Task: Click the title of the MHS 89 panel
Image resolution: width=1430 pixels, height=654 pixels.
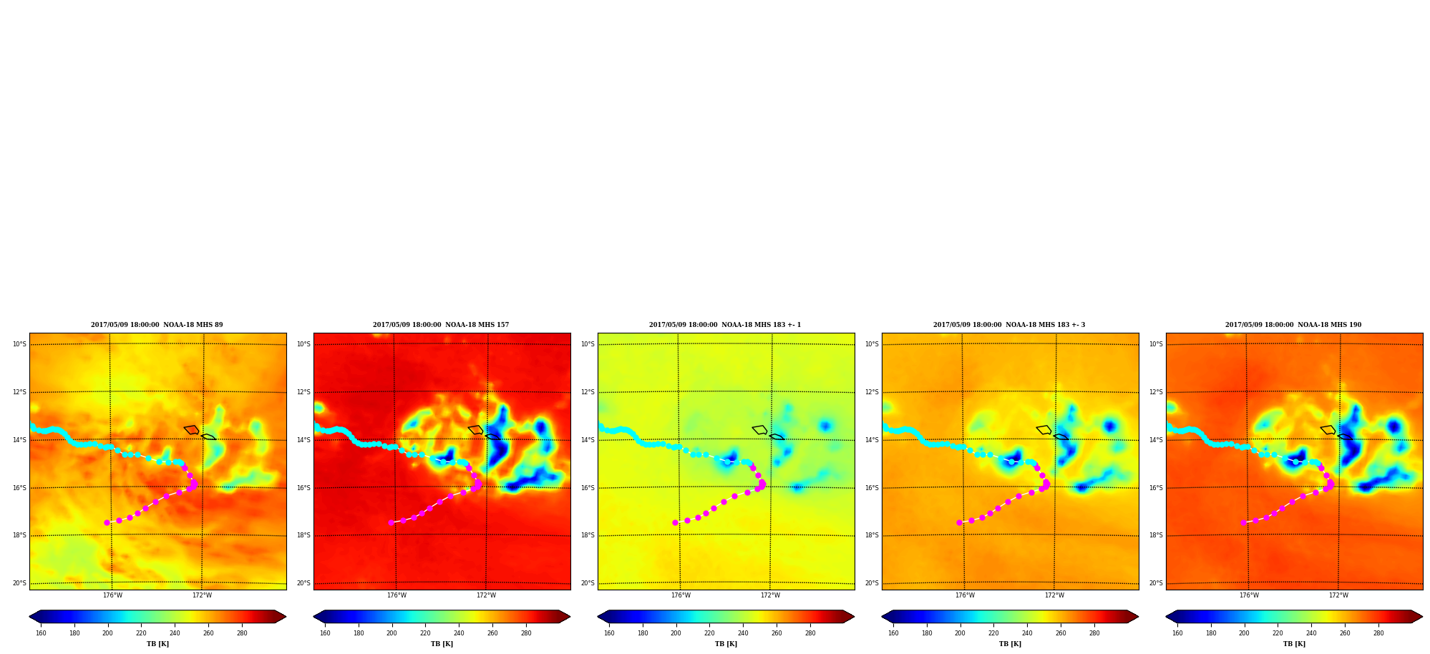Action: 157,325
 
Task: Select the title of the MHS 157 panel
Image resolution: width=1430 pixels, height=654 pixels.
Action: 441,325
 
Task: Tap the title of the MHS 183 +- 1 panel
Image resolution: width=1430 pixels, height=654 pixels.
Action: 725,325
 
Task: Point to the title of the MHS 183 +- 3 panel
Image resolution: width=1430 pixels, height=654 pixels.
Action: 1009,325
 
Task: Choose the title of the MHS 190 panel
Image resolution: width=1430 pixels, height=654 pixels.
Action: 1293,325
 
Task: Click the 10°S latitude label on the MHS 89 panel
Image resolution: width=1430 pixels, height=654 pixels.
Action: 19,344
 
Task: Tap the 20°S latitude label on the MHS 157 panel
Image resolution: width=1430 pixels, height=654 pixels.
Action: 303,583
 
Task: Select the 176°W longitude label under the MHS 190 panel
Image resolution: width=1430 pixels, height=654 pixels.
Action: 1249,595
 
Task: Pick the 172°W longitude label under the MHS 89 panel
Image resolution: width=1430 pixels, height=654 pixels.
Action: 202,595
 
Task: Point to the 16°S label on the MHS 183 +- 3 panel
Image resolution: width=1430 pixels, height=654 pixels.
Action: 872,488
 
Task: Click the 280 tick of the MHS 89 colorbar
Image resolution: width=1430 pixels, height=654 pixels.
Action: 242,633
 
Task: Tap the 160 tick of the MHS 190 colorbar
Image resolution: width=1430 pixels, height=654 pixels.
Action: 1177,633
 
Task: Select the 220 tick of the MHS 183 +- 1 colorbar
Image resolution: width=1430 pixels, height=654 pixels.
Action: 709,633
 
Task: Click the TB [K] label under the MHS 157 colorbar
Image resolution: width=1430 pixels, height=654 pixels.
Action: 442,644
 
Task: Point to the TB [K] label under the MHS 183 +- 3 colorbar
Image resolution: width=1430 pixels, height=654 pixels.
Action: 1010,644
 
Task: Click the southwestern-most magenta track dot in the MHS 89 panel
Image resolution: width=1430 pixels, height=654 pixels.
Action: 107,522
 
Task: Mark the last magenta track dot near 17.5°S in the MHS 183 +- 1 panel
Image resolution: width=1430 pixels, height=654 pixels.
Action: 675,522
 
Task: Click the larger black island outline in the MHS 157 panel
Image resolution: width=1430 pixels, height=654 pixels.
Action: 476,430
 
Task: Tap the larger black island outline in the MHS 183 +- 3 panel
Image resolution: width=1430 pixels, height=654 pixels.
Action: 1044,430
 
